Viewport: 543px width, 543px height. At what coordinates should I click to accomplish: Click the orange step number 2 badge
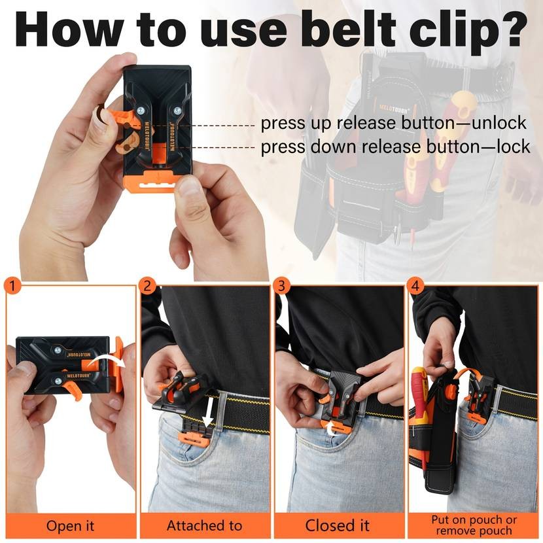(x=148, y=286)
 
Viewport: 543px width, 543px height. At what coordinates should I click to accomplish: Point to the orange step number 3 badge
(x=282, y=286)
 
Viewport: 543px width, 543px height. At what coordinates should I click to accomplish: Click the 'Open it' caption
(x=70, y=526)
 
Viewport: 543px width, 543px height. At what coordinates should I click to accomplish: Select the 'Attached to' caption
(x=204, y=526)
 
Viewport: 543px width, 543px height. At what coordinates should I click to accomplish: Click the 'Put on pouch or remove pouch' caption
(x=474, y=526)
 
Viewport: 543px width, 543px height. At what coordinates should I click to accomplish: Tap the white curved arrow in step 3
(x=333, y=429)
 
